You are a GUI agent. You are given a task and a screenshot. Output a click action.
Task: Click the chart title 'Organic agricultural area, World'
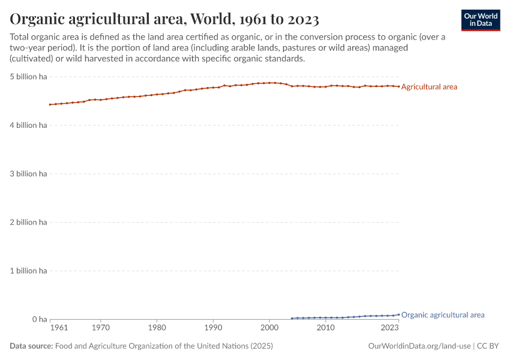(164, 19)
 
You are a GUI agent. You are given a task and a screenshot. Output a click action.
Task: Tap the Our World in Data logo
(480, 20)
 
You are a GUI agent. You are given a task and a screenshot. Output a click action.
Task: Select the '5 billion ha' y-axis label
(28, 77)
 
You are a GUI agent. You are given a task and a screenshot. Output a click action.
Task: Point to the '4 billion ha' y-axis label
(28, 125)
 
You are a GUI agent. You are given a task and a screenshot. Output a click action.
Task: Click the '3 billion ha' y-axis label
(28, 174)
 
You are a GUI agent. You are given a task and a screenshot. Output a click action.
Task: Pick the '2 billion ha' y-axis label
(28, 223)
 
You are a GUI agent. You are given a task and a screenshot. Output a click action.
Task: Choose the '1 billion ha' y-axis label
(28, 271)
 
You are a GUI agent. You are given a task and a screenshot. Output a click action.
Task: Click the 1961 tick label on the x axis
(59, 328)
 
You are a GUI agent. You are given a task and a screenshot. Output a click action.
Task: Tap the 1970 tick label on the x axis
(101, 328)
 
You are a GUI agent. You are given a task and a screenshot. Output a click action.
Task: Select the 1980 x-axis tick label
(157, 328)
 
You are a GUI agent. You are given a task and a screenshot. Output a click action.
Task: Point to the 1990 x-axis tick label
(213, 328)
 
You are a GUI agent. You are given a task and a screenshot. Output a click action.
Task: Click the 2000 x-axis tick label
(269, 328)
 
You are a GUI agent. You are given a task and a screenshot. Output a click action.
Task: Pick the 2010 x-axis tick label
(326, 328)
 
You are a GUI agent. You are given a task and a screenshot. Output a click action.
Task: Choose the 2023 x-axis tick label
(389, 328)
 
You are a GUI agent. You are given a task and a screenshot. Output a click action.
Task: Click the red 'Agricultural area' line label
(429, 87)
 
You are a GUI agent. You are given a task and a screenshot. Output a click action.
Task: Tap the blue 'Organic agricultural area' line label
(442, 315)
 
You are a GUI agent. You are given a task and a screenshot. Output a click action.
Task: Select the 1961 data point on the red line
(50, 104)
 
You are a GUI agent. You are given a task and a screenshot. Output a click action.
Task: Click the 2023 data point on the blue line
(398, 314)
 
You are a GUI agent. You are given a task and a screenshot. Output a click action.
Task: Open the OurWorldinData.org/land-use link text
(419, 346)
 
